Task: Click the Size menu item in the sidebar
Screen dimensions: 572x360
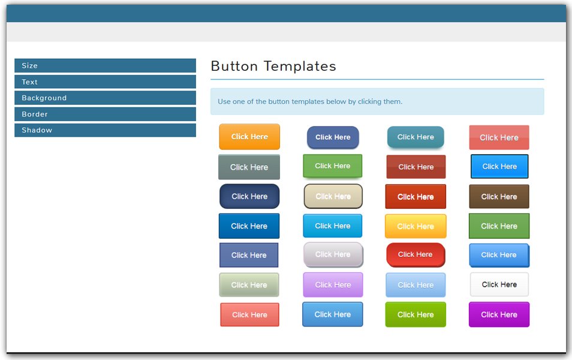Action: [105, 66]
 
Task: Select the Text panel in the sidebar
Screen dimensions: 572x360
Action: [105, 82]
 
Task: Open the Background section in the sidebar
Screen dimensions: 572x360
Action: [105, 98]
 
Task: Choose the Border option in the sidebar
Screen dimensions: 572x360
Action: [105, 114]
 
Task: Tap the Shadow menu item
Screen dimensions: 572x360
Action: [105, 130]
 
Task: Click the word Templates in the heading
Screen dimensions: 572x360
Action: [300, 66]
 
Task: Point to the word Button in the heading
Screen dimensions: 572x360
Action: [234, 66]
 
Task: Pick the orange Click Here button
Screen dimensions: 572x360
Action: [249, 137]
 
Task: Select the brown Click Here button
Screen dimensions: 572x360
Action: [499, 196]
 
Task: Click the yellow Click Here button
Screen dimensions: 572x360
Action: [416, 226]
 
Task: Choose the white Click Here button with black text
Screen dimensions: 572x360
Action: [499, 284]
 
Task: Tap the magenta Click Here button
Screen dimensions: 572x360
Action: [499, 314]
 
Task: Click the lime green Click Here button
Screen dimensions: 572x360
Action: [416, 314]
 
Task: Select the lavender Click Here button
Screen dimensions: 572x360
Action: [333, 285]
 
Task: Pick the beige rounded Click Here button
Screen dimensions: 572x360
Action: [333, 196]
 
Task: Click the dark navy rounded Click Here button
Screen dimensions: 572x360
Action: [249, 196]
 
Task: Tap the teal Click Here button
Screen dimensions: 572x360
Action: [416, 137]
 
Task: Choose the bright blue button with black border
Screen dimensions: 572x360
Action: [499, 166]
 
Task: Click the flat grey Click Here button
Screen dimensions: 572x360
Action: [249, 167]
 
